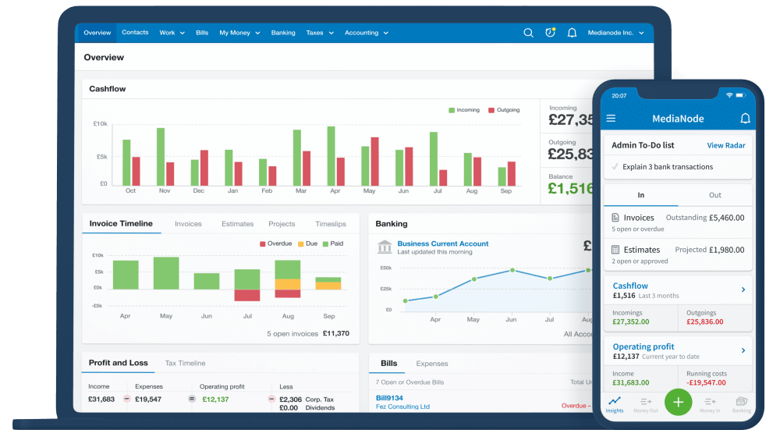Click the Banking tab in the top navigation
283,33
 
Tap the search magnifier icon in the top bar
528,33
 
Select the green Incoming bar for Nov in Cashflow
161,156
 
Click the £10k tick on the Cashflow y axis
101,124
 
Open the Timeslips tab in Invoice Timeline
331,224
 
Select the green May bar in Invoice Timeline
166,273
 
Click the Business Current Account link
442,243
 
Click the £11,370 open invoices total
336,333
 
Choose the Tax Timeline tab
185,363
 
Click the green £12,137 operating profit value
214,399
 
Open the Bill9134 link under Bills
389,398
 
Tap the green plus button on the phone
678,402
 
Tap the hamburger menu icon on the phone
611,119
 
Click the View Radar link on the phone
725,145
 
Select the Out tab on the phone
714,195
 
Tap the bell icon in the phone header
745,119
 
